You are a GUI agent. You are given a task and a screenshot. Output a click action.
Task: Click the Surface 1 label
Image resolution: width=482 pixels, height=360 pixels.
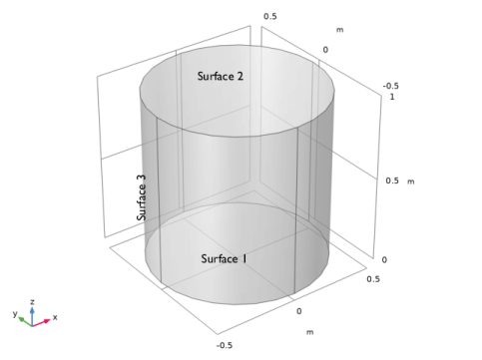tap(224, 258)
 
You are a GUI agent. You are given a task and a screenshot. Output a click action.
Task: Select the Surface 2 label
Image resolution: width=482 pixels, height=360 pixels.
tap(221, 76)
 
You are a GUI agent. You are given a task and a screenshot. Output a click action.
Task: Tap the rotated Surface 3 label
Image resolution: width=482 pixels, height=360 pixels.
tap(142, 197)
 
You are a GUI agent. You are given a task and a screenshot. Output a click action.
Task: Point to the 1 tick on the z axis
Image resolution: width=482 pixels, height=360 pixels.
tap(392, 97)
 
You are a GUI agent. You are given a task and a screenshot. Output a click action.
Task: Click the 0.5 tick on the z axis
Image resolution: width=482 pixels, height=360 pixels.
tap(392, 180)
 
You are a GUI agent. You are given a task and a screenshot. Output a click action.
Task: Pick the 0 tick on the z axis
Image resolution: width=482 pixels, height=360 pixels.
tap(384, 260)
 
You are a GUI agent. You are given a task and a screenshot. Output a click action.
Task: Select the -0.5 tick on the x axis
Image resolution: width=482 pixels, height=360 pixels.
tap(225, 345)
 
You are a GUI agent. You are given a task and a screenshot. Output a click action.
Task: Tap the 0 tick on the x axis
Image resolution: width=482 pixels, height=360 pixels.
tap(299, 311)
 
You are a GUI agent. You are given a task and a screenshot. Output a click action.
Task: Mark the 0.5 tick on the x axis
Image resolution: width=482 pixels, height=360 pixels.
tap(373, 279)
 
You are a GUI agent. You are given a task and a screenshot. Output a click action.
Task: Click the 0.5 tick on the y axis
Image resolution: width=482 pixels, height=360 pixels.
tap(270, 16)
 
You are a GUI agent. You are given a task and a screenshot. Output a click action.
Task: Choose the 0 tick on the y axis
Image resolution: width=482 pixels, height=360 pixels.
tap(325, 50)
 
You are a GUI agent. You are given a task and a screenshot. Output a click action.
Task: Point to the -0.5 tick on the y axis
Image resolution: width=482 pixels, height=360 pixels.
tap(391, 86)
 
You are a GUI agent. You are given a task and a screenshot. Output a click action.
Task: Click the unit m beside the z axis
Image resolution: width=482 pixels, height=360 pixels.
tap(411, 181)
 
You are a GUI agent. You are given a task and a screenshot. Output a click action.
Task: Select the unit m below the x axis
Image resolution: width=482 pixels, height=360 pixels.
tap(309, 332)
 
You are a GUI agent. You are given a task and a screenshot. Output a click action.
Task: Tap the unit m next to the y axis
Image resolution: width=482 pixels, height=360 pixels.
tap(339, 30)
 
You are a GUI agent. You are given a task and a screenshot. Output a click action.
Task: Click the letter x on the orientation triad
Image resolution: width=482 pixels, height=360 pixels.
tap(55, 317)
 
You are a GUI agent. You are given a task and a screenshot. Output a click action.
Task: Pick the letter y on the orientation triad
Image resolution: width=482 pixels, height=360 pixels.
tap(15, 313)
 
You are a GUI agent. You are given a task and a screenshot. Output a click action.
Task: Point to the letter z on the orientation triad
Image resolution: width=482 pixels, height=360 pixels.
tap(32, 302)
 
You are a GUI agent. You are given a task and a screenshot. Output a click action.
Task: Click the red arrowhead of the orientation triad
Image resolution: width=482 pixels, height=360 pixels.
tap(47, 320)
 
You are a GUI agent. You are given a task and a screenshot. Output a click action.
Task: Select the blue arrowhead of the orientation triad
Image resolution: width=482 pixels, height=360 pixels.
tap(32, 310)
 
